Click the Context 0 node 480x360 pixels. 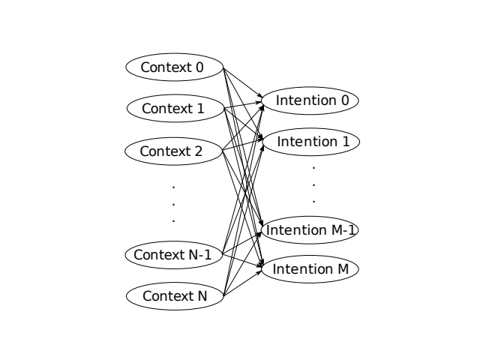pos(173,67)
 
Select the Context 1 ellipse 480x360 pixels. pos(173,109)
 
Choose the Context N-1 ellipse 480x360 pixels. pos(173,255)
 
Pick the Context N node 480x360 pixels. pos(173,296)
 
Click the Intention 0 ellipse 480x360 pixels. pos(311,100)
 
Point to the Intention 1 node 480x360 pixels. pos(311,142)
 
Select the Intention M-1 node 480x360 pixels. pos(311,229)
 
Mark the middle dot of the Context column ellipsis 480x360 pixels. pos(173,202)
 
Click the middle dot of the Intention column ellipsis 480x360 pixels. pos(313,184)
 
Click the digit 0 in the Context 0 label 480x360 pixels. pos(199,67)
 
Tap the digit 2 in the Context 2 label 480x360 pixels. pos(198,151)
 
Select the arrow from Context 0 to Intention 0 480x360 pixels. pos(244,84)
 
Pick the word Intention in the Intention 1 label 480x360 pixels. pos(302,142)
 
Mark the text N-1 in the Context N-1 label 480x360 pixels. pos(199,255)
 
